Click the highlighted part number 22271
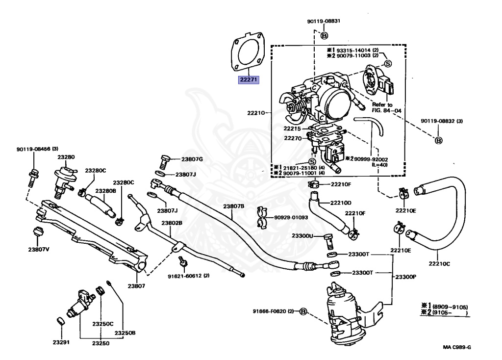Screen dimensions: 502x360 click(x=249, y=79)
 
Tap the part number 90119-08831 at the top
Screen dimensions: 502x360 click(x=324, y=21)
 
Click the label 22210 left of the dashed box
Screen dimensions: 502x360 click(x=256, y=113)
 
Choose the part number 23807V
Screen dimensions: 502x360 click(x=39, y=249)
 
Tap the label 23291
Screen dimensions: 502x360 click(x=61, y=342)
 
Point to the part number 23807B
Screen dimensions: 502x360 click(x=234, y=206)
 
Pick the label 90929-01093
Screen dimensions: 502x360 click(x=291, y=217)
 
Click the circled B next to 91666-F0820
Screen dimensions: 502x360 click(x=303, y=311)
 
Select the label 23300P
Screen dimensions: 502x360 click(x=405, y=277)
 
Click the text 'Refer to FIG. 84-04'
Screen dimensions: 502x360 click(x=386, y=107)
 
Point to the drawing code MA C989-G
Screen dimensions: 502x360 click(x=456, y=347)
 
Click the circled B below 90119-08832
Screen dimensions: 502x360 click(x=438, y=140)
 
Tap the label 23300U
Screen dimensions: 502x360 click(x=302, y=236)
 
